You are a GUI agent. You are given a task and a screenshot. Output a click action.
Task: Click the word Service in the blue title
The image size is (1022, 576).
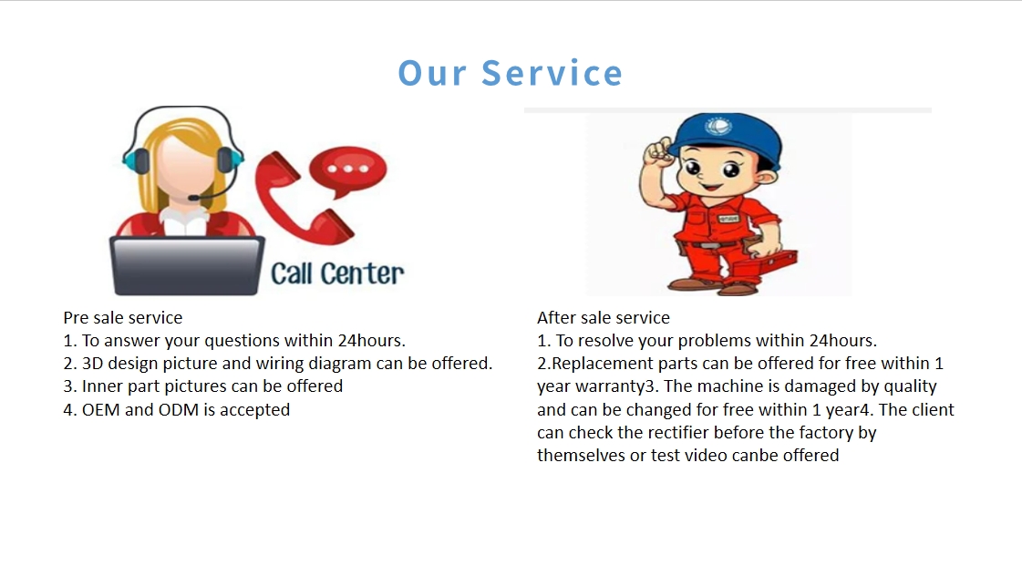552,72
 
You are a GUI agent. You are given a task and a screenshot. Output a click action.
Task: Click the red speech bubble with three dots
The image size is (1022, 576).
348,171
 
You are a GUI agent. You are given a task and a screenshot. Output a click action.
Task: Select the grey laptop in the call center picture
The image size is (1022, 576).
187,266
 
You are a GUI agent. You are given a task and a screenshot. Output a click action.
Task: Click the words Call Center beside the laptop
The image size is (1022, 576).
337,273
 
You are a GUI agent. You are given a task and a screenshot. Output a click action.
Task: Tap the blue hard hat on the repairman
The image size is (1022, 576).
726,138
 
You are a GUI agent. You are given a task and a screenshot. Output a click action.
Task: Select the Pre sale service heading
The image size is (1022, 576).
122,317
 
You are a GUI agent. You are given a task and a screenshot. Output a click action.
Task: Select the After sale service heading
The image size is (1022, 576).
604,317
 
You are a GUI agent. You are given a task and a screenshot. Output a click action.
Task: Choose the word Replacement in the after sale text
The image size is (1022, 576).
603,364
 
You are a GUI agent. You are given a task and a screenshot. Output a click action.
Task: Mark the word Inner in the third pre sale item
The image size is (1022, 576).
102,386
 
